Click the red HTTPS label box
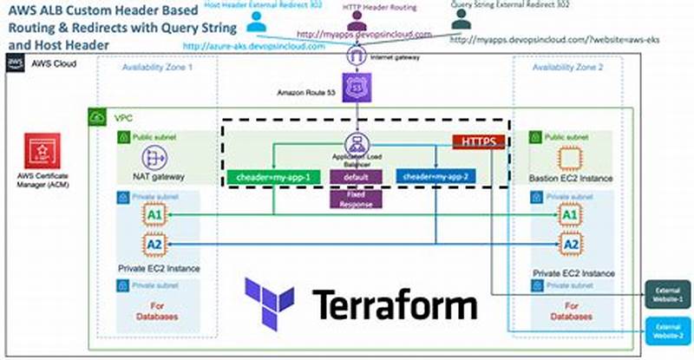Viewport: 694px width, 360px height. point(478,141)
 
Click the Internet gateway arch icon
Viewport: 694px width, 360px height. point(356,57)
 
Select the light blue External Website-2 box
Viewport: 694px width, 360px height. point(667,330)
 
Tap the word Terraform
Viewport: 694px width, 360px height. point(394,305)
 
